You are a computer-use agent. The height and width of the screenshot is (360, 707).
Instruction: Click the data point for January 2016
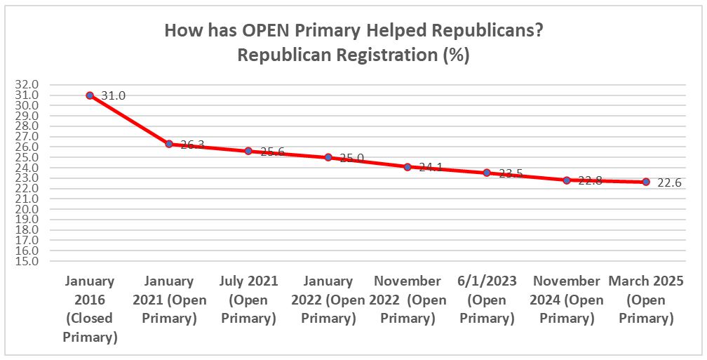pos(90,95)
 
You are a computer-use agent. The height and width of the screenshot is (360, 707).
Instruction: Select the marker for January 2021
pos(169,144)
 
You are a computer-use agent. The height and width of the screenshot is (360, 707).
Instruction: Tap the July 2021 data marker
pos(248,151)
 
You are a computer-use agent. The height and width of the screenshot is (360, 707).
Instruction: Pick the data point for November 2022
pos(408,167)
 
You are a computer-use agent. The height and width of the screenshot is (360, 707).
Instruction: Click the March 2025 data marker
pos(646,182)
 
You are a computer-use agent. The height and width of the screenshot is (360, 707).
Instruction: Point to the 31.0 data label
pos(113,95)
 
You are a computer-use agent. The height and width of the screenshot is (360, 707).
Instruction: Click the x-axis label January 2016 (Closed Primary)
pos(90,309)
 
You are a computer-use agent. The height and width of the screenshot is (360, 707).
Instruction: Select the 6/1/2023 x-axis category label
pos(487,300)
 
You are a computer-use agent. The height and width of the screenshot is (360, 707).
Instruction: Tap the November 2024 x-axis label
pos(567,300)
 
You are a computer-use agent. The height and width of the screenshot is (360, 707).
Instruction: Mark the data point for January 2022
pos(328,157)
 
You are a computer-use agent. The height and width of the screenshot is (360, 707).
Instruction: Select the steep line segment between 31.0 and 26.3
pos(130,120)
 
